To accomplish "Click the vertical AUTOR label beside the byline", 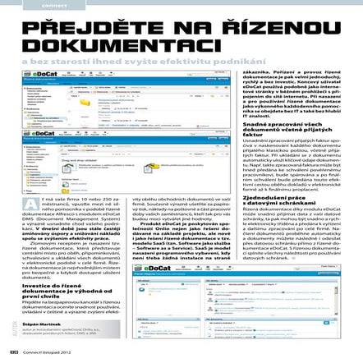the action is pyautogui.click(x=16, y=329).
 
